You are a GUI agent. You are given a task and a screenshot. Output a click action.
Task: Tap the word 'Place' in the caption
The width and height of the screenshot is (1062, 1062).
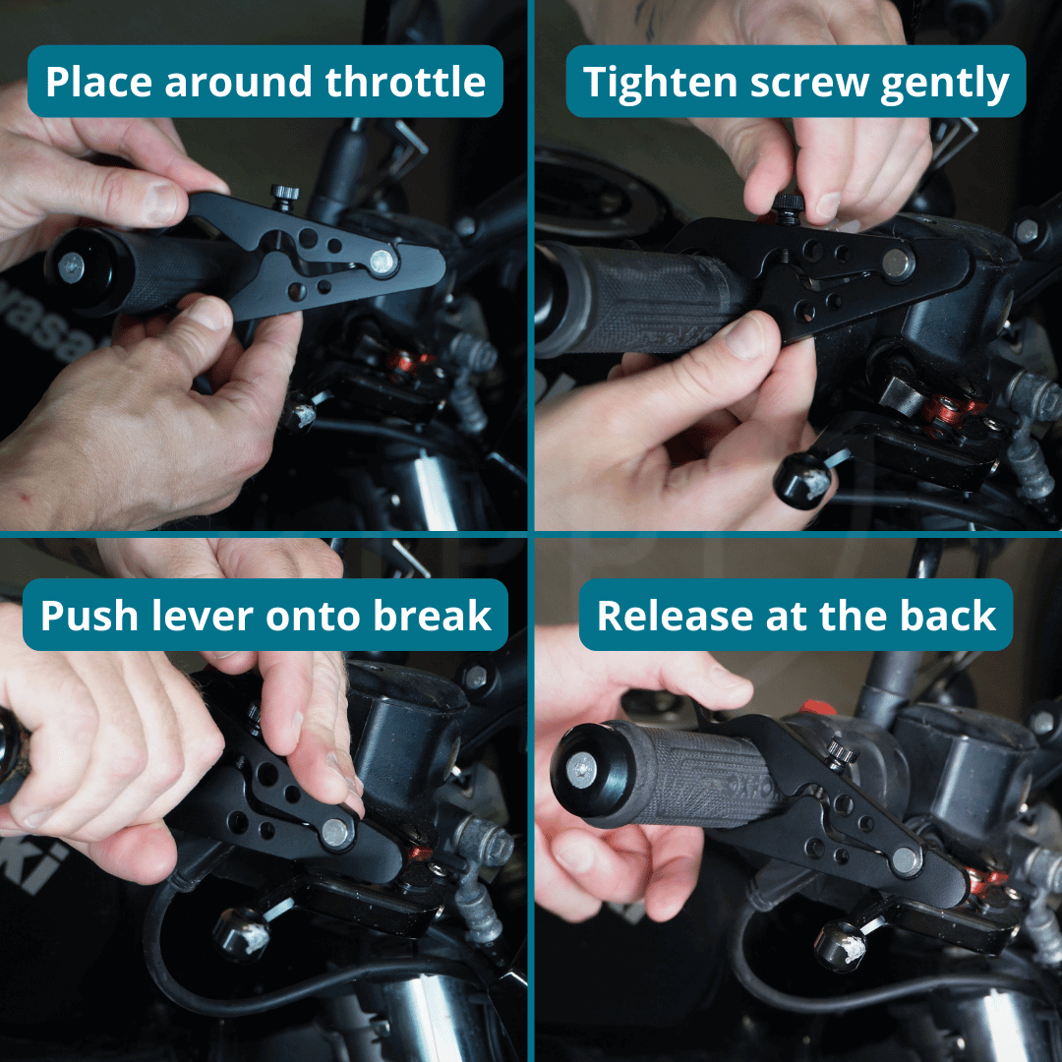[98, 83]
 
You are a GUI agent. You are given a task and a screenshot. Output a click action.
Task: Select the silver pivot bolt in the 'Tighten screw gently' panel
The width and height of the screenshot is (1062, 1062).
[896, 263]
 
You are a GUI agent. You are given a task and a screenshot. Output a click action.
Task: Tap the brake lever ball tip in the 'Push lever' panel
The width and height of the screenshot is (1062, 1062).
[242, 933]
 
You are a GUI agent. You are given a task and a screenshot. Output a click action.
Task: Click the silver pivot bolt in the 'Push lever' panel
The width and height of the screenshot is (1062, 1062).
[335, 833]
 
